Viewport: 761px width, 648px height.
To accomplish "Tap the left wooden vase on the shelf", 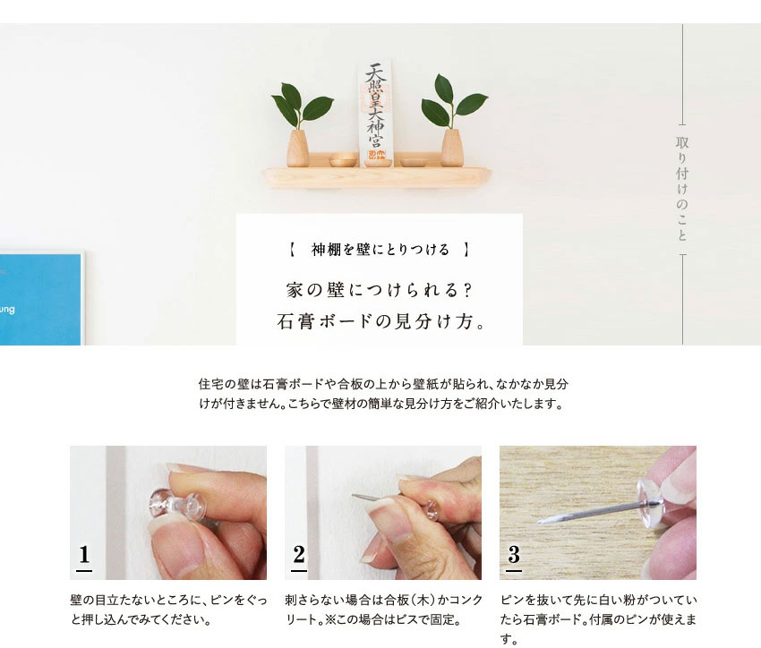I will click(296, 149).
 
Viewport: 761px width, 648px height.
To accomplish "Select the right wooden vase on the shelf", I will click(452, 149).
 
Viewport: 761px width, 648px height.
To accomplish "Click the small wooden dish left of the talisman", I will click(343, 162).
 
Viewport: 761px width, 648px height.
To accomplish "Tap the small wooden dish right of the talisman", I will click(412, 162).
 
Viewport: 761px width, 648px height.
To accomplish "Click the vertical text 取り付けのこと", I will click(682, 189).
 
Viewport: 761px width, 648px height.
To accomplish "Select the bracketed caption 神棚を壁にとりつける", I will click(380, 250).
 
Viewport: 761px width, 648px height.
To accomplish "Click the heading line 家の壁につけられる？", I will click(380, 291).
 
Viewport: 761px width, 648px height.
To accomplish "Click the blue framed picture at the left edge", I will click(40, 299).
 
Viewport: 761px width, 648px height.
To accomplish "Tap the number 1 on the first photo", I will click(84, 556).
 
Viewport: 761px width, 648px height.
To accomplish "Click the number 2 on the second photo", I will click(299, 556).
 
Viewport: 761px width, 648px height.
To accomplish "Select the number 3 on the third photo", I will click(514, 556).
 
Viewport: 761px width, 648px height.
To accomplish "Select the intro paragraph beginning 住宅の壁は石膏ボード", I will click(383, 394).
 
